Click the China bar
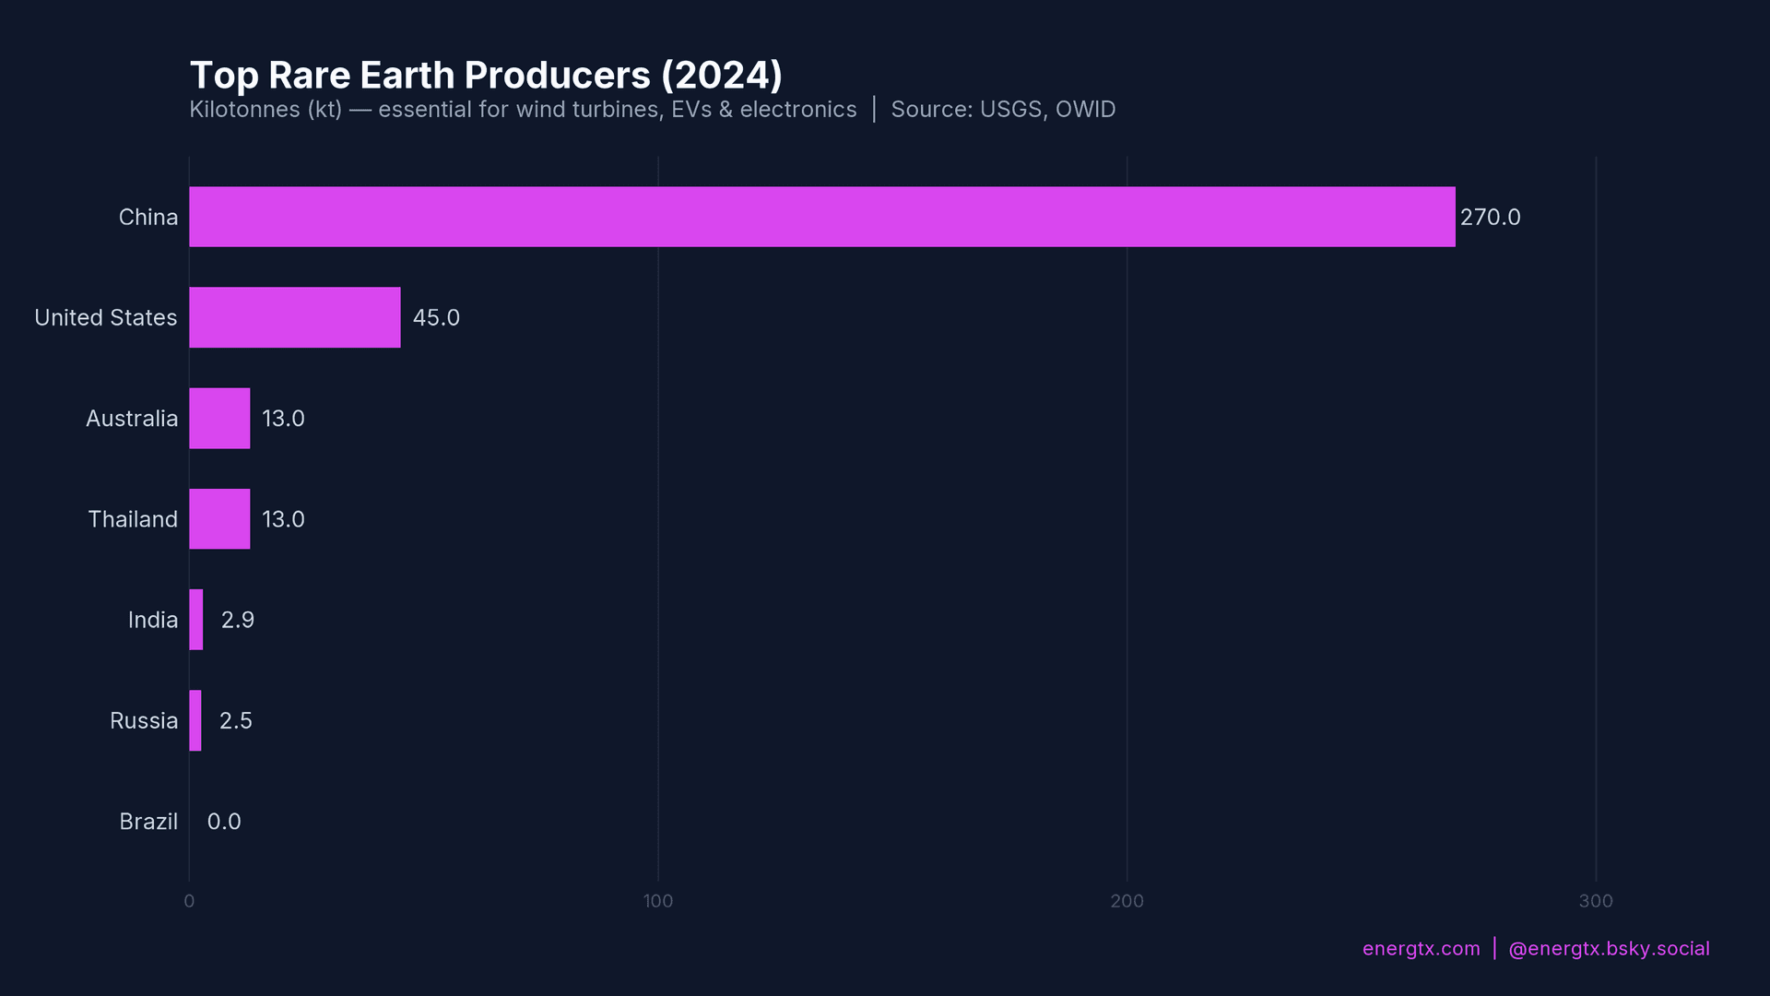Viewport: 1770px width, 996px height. [x=820, y=217]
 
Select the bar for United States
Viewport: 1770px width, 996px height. [x=295, y=317]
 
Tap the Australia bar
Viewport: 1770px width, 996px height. [x=219, y=418]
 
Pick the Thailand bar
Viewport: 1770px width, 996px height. [x=219, y=519]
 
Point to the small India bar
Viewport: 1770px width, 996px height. [x=196, y=620]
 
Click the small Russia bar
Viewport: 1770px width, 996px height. [x=195, y=720]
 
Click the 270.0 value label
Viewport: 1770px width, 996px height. [x=1490, y=217]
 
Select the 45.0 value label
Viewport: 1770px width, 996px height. [x=436, y=317]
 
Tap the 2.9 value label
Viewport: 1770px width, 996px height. [x=238, y=620]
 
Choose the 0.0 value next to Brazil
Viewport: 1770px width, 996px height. [x=224, y=822]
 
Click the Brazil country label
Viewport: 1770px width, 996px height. [x=148, y=822]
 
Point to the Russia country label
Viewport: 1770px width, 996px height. [x=144, y=720]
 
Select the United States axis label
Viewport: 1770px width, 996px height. [x=106, y=317]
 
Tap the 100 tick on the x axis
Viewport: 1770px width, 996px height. [x=658, y=901]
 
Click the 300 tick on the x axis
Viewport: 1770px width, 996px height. [x=1596, y=901]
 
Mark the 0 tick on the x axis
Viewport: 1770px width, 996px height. [x=189, y=901]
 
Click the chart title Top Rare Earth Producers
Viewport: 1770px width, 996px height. [x=486, y=76]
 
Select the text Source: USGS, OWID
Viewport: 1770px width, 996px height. [x=1003, y=110]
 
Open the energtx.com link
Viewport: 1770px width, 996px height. [x=1421, y=949]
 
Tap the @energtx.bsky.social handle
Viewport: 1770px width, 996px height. [x=1609, y=949]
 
